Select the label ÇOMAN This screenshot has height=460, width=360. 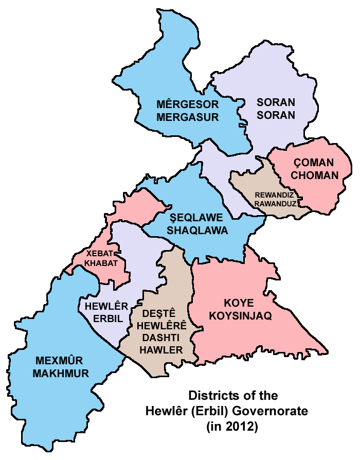pyautogui.click(x=313, y=162)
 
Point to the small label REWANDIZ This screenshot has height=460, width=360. pyautogui.click(x=276, y=195)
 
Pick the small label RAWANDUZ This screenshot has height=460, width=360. pyautogui.click(x=276, y=204)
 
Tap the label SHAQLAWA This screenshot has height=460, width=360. pyautogui.click(x=197, y=231)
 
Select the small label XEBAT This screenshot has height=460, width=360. pyautogui.click(x=98, y=254)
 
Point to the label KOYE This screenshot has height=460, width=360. pyautogui.click(x=240, y=303)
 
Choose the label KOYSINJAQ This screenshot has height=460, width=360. pyautogui.click(x=240, y=316)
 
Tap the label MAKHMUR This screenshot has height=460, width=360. pyautogui.click(x=60, y=374)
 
